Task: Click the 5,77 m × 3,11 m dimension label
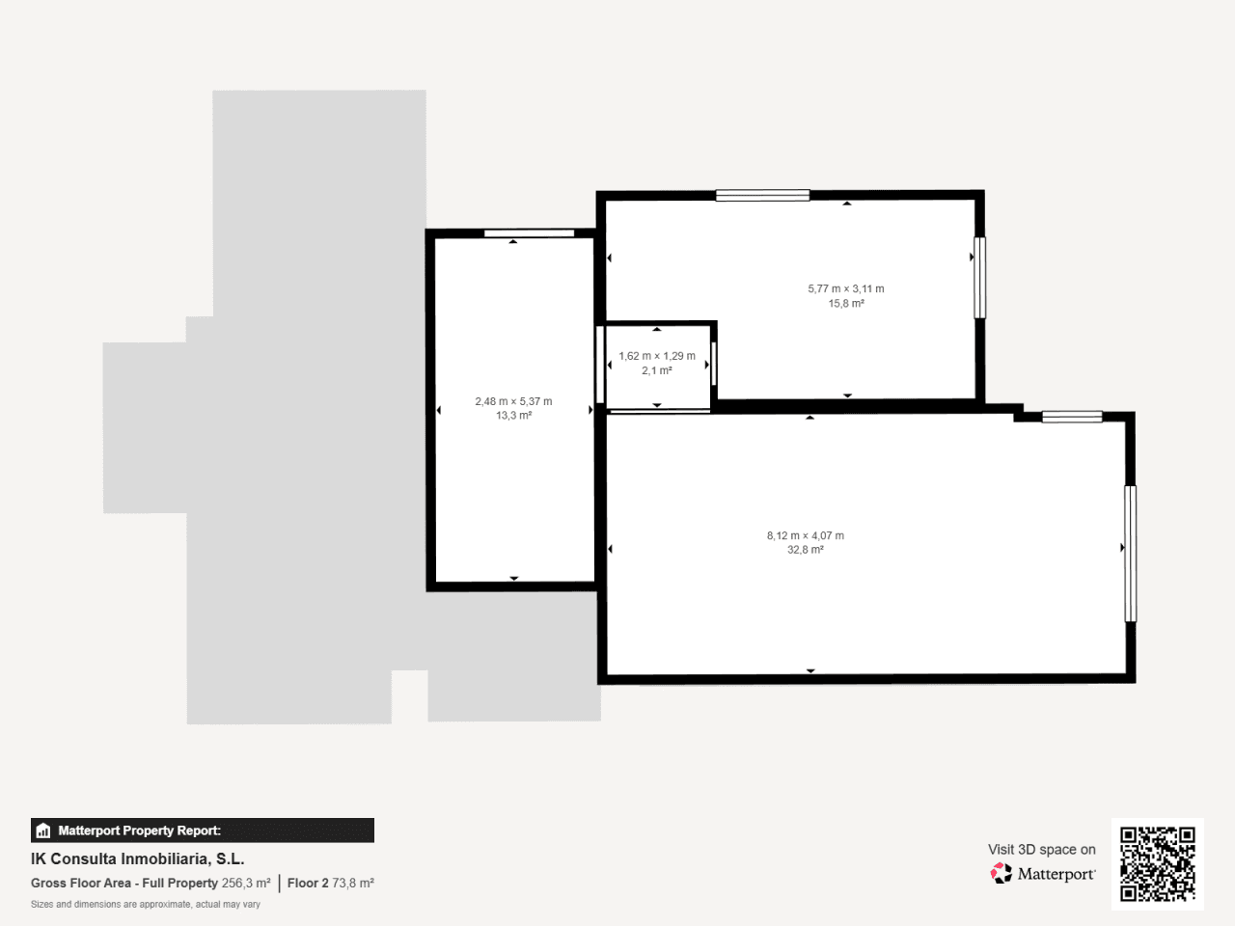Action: coord(845,289)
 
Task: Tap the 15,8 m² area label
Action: coord(845,304)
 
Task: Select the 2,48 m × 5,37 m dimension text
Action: coord(513,401)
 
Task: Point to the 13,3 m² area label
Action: coord(513,416)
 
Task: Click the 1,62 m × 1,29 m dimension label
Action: coord(657,356)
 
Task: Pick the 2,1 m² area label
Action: coord(657,370)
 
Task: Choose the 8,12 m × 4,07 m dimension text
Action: coord(805,535)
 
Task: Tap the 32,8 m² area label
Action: coord(805,550)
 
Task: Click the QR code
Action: coord(1158,863)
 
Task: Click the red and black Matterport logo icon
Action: coord(1001,873)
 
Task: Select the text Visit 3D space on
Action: coord(1041,850)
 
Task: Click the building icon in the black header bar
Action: coord(43,831)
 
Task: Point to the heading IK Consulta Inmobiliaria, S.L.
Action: coord(138,859)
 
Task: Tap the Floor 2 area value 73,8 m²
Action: coord(353,884)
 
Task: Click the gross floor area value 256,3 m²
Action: coord(246,884)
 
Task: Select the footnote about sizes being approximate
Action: coord(145,904)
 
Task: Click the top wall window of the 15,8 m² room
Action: coord(762,195)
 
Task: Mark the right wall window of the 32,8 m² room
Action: coord(1131,554)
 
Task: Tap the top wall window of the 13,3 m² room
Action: coord(529,233)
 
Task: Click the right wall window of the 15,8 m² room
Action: coord(979,278)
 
